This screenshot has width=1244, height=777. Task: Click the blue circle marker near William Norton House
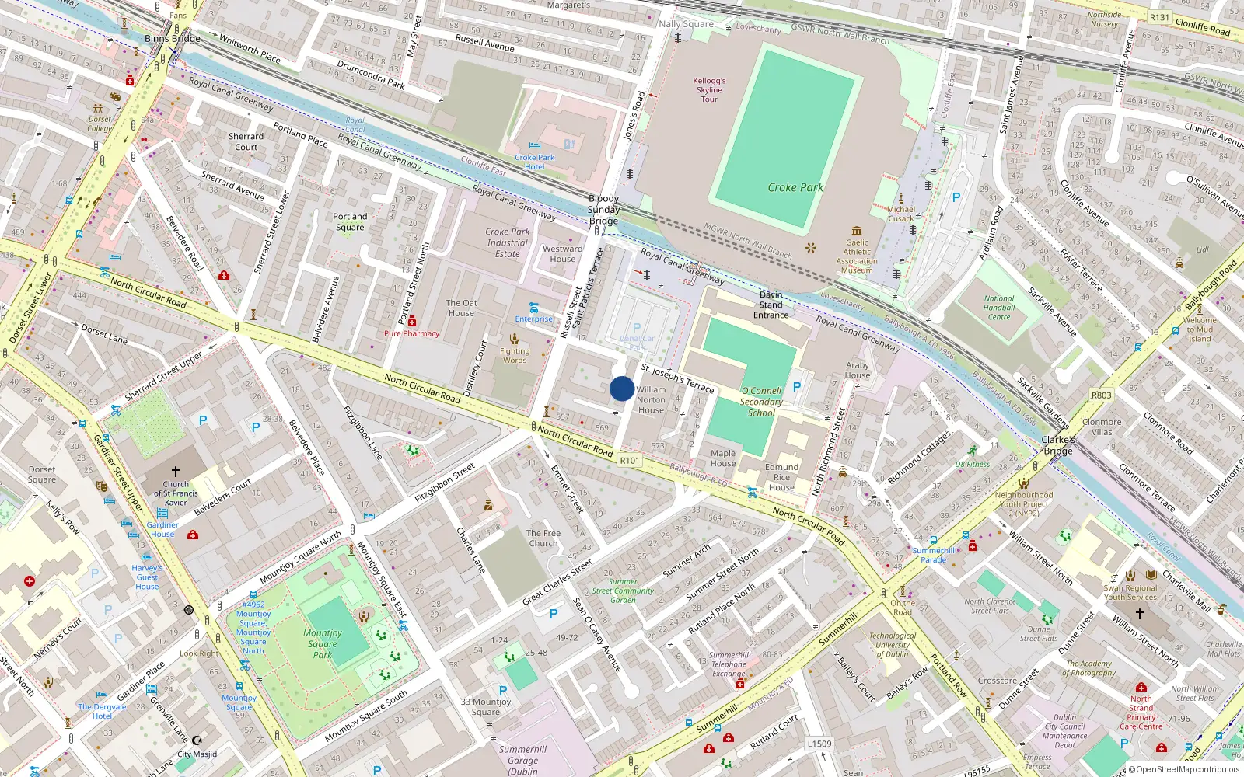[622, 388]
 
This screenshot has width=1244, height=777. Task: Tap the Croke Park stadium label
[795, 187]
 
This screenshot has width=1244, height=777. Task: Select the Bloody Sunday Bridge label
[603, 210]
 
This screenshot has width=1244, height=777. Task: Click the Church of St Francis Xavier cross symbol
[176, 472]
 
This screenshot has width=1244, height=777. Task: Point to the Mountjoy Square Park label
[323, 644]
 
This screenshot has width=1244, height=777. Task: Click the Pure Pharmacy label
[411, 333]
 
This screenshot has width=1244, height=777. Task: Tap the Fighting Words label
[514, 355]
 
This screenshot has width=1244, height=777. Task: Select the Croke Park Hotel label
[534, 162]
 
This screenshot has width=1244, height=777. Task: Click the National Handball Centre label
[999, 308]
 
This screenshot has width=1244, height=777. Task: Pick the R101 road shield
[630, 461]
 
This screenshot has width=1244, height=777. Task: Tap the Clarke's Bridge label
[1057, 445]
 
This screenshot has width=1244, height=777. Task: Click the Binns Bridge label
[173, 38]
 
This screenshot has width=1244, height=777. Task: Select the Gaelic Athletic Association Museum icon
[857, 231]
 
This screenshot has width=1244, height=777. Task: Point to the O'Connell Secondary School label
[761, 402]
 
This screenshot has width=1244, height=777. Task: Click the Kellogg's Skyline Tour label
[709, 89]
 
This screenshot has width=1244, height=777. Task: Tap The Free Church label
[543, 538]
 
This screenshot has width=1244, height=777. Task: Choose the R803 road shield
[1101, 395]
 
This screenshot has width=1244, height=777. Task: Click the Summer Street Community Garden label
[623, 591]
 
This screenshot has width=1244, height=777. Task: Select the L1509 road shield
[819, 744]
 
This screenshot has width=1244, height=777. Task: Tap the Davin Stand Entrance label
[771, 305]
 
